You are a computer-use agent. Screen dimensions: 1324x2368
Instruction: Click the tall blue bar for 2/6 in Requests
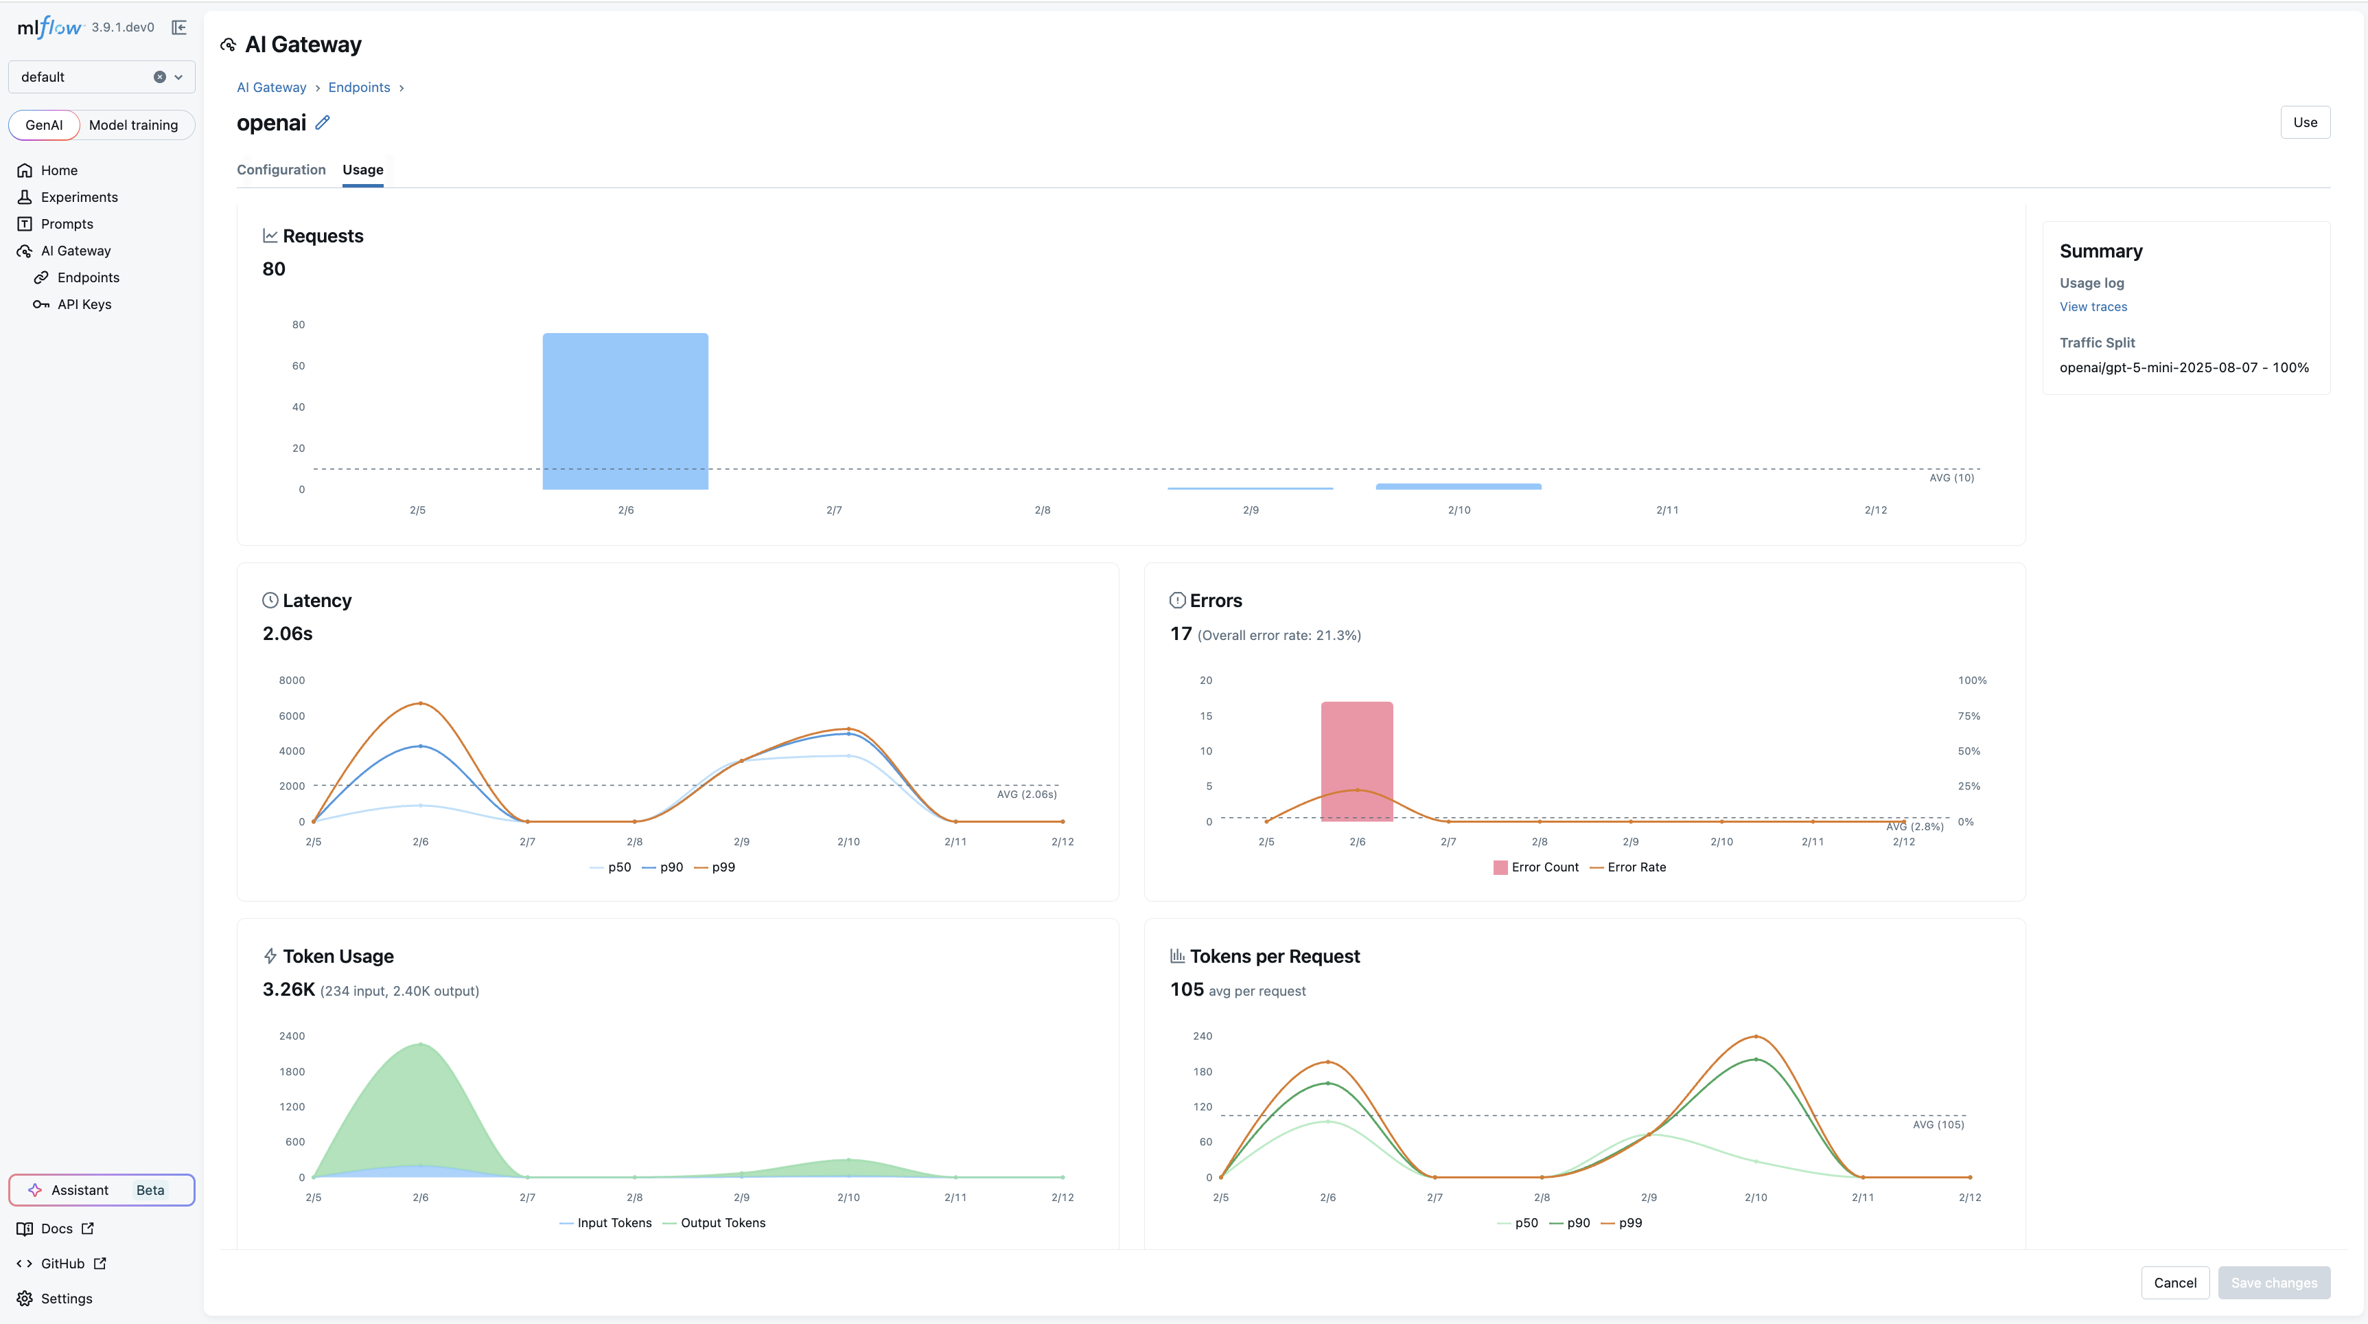click(x=625, y=411)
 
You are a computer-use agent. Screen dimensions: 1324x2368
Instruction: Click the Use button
click(x=2305, y=122)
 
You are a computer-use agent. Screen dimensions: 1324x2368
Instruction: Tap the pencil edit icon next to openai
click(x=323, y=122)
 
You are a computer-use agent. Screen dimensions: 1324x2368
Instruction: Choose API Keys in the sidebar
click(x=84, y=304)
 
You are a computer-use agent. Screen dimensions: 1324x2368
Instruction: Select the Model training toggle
click(x=133, y=125)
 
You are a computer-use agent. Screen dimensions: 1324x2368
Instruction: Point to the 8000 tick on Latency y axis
click(x=292, y=681)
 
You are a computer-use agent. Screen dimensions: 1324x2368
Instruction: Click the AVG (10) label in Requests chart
click(x=1951, y=478)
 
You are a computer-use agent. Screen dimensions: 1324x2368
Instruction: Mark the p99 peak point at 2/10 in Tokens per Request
click(x=1756, y=1036)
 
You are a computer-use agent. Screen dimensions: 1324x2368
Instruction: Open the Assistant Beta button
click(x=101, y=1190)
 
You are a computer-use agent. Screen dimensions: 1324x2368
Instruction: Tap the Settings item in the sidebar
click(x=66, y=1299)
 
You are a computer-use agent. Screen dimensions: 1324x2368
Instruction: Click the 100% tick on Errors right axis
click(x=1972, y=681)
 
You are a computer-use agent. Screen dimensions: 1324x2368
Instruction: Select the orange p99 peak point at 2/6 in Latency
click(x=421, y=703)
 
